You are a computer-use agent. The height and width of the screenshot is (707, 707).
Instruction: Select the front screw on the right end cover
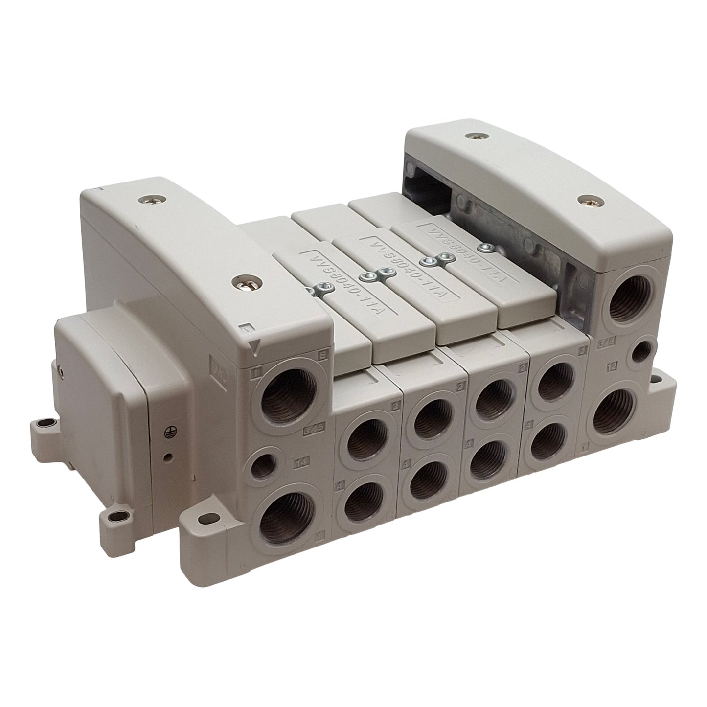(583, 200)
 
